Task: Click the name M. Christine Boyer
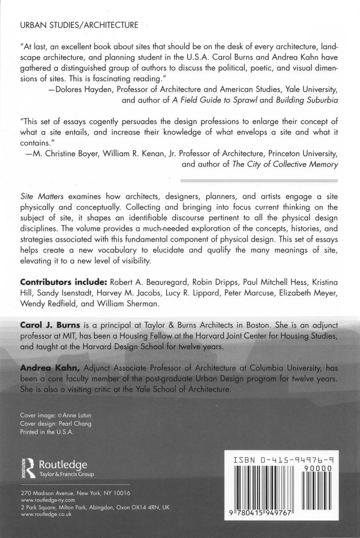tap(65, 154)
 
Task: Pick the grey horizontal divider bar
tap(259, 180)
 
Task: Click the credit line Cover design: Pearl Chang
tap(56, 423)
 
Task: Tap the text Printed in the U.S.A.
tap(47, 432)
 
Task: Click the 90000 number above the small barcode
tap(319, 468)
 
